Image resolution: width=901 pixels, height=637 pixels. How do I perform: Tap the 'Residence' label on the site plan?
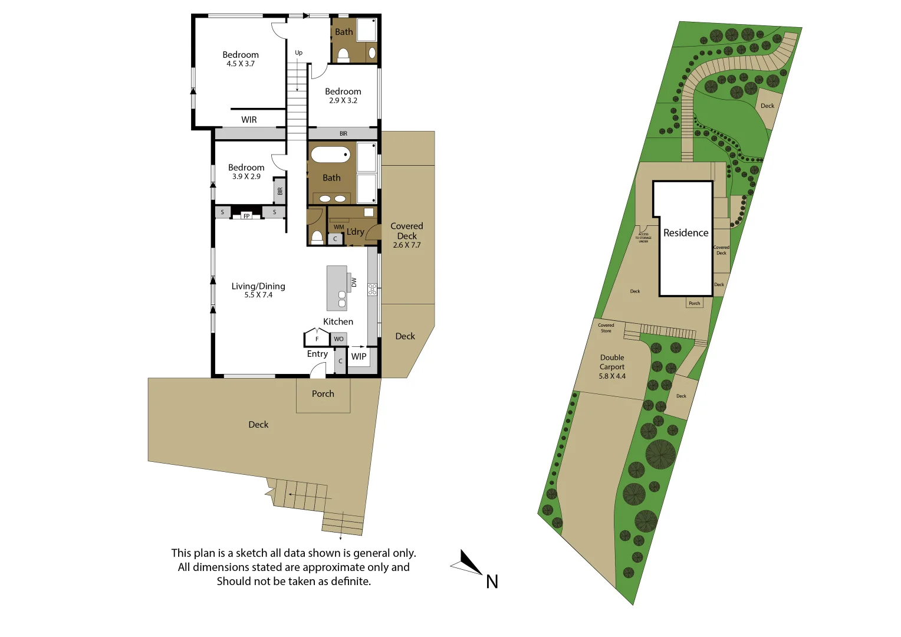pos(685,233)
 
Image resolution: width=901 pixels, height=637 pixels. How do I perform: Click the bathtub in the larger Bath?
pos(330,155)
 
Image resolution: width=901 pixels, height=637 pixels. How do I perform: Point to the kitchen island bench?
pos(337,287)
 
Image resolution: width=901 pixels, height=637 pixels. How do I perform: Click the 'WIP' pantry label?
pos(359,356)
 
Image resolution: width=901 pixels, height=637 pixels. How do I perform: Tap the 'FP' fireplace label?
pos(246,216)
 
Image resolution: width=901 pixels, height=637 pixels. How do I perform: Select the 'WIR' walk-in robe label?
pos(249,120)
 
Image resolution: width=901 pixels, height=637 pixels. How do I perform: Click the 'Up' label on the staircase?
pos(298,53)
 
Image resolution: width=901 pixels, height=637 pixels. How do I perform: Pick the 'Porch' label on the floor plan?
pos(323,394)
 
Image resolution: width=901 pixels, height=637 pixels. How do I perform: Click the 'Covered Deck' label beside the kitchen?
pos(406,231)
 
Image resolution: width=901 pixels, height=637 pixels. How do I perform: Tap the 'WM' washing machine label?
pos(338,227)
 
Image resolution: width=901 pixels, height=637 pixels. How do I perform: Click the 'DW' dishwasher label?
pos(354,283)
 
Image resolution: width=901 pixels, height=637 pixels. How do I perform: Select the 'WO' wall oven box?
pos(338,339)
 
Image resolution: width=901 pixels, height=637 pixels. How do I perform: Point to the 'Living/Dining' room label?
pos(258,286)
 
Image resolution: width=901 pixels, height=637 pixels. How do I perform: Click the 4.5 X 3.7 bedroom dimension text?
pos(241,64)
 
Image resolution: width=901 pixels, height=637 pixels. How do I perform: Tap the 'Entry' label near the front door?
pos(317,354)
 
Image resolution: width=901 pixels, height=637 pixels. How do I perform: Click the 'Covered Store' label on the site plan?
pos(606,328)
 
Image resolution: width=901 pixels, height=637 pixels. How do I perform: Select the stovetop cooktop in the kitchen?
pos(372,289)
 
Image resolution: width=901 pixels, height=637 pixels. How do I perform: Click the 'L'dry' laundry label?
pos(355,232)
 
